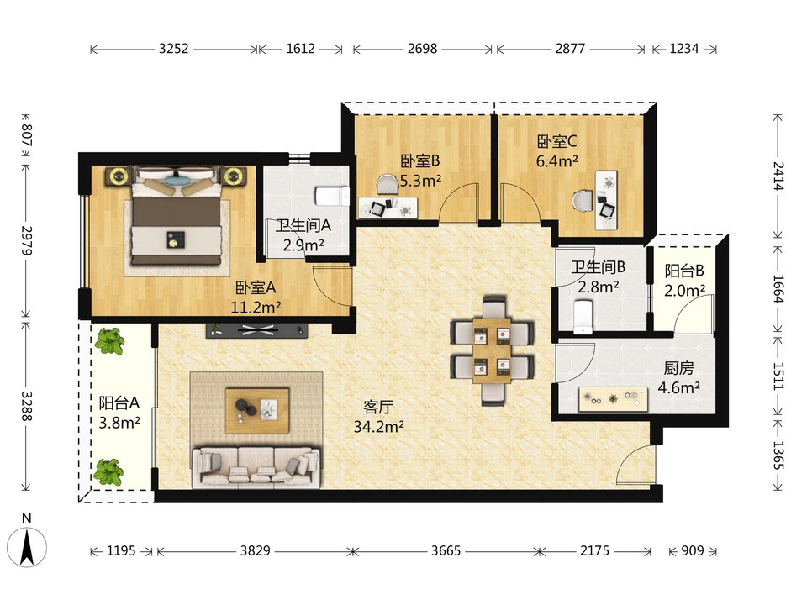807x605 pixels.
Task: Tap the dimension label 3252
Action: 173,49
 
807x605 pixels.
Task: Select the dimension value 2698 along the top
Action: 423,49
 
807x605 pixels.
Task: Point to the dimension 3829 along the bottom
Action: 256,551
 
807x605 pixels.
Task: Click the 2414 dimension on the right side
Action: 778,176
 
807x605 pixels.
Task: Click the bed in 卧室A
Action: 176,215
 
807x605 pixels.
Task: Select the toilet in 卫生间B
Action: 583,318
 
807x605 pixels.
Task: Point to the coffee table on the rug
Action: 257,411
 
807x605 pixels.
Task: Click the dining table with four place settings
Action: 492,350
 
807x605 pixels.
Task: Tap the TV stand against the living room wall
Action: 257,330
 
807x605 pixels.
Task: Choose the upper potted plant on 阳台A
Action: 109,340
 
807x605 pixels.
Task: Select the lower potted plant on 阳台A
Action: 108,471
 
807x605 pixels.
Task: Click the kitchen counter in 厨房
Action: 613,399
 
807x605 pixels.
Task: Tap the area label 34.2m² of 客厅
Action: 379,427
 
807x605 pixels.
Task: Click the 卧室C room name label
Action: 556,141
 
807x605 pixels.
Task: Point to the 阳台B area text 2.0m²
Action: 684,291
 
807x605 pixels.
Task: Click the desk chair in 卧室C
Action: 583,201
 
